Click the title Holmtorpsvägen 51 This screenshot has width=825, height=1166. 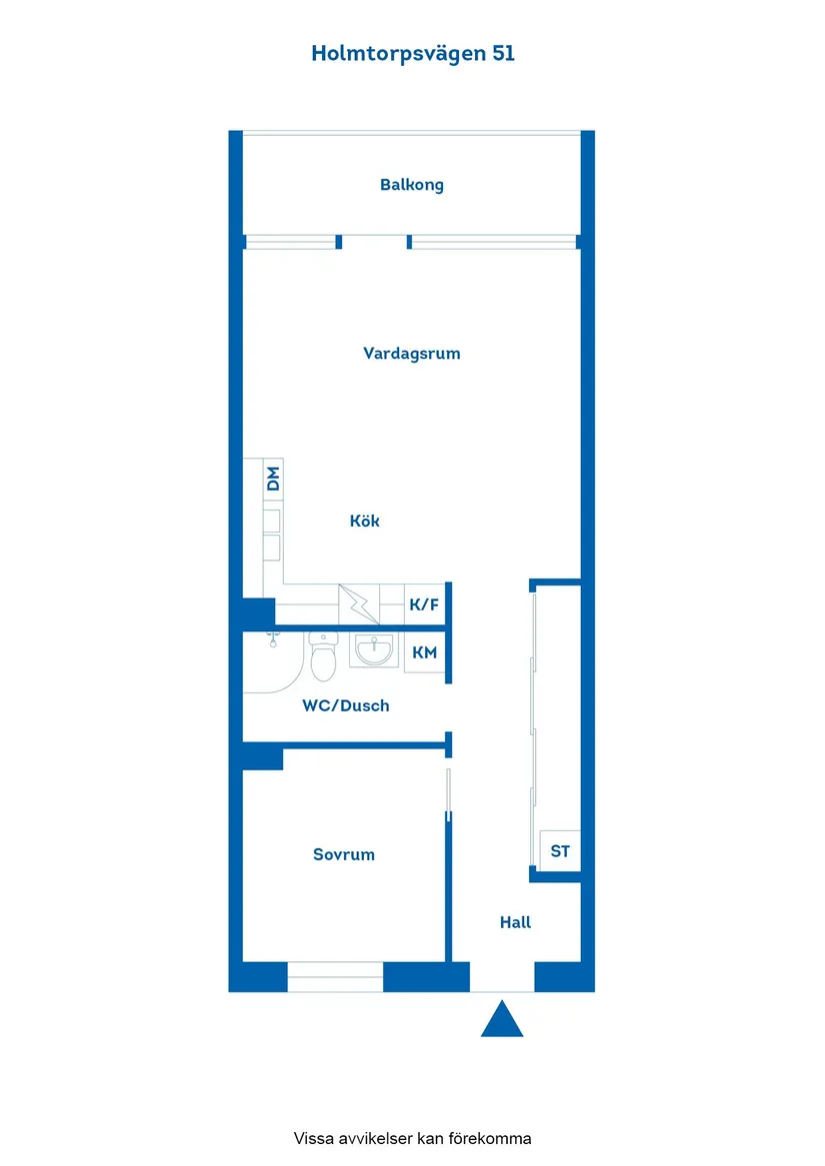tap(412, 54)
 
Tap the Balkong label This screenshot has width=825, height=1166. tap(411, 185)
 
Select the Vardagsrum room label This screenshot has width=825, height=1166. tap(411, 354)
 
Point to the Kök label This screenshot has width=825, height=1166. tap(365, 521)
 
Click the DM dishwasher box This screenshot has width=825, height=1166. tap(272, 479)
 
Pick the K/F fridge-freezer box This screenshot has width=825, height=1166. tap(424, 604)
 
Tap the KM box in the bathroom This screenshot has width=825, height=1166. tap(424, 653)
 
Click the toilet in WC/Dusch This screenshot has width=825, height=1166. tap(323, 657)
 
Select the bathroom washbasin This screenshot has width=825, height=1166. tap(376, 651)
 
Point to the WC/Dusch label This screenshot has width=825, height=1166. tap(346, 706)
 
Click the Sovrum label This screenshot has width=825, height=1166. tap(344, 855)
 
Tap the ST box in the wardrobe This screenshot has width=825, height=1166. tap(560, 851)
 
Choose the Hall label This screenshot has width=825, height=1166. tap(515, 923)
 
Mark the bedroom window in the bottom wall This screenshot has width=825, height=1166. tap(335, 977)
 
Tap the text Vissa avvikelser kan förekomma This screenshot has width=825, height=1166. tap(412, 1138)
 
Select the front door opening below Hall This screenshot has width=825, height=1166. tap(502, 979)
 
